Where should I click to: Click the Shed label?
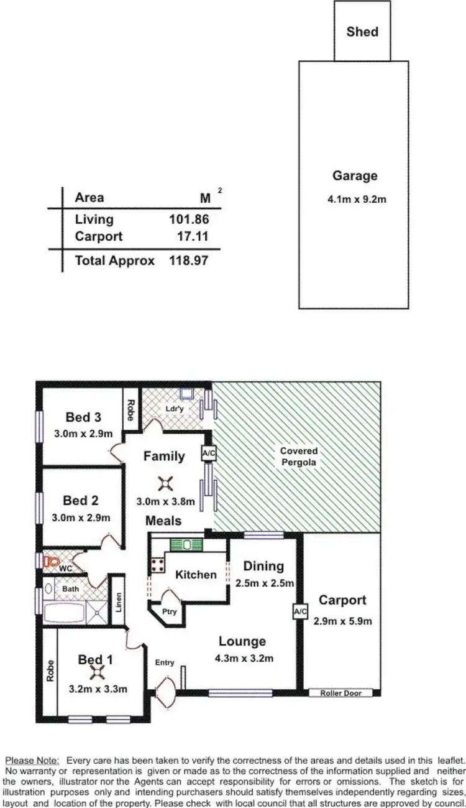[362, 31]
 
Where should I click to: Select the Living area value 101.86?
[188, 219]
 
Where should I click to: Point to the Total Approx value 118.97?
[188, 261]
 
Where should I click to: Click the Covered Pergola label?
[298, 457]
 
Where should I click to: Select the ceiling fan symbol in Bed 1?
[96, 672]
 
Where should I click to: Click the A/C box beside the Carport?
[300, 612]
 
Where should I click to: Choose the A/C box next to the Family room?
[209, 453]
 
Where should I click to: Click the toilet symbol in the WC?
[50, 561]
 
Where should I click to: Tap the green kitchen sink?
[187, 545]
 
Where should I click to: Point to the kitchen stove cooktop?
[157, 565]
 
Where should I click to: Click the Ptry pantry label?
[169, 611]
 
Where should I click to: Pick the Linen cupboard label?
[118, 601]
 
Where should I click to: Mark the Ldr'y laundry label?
[174, 409]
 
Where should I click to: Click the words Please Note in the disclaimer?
[32, 760]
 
